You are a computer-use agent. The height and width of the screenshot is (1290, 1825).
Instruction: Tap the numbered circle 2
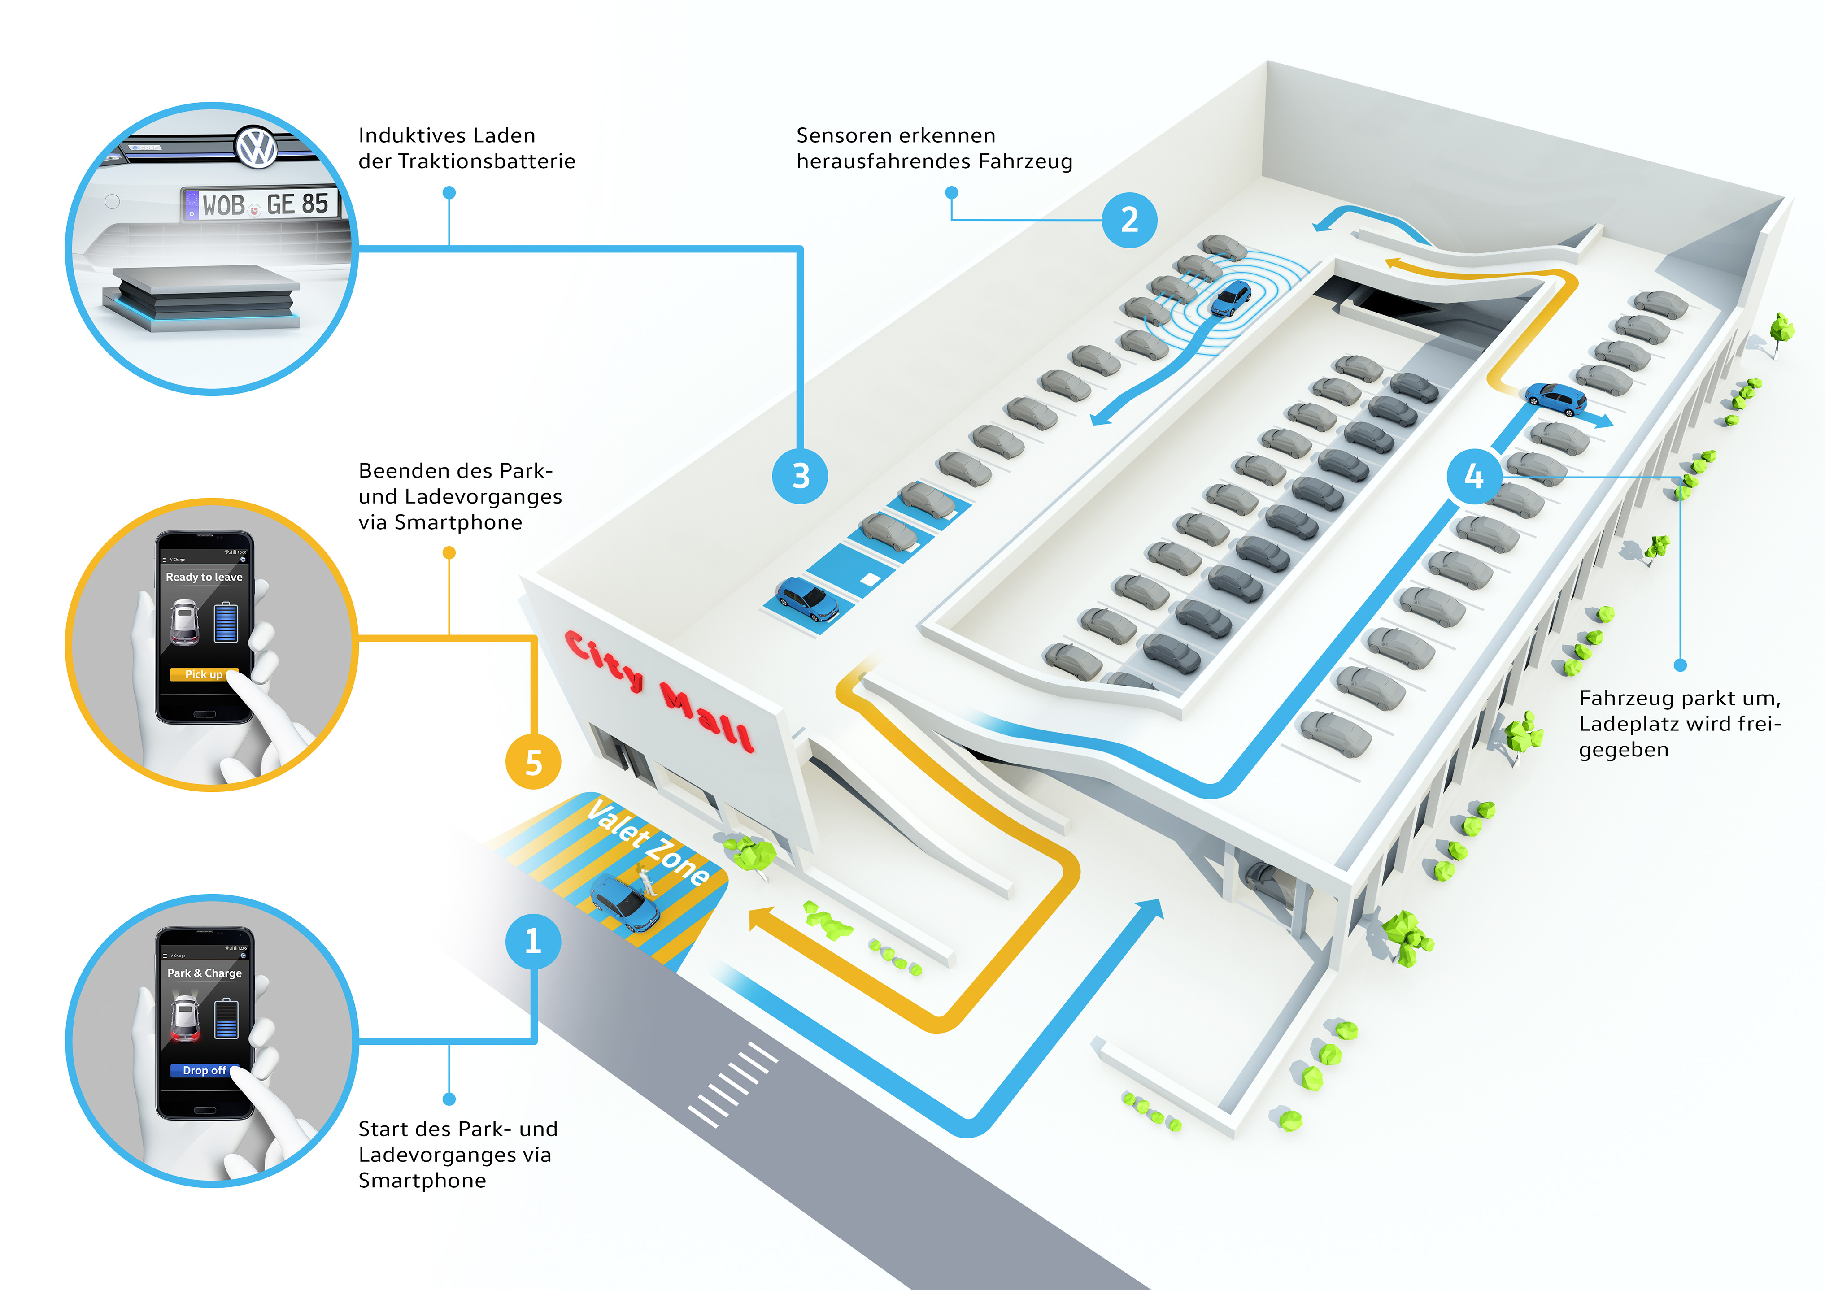(x=1129, y=220)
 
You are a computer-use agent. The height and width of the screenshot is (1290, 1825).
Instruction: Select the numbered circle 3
(x=801, y=476)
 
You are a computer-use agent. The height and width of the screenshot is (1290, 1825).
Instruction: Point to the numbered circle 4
(x=1474, y=476)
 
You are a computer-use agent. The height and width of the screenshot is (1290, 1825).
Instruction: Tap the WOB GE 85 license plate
(x=260, y=204)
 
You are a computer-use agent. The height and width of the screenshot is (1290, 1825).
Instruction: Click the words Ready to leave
(x=204, y=577)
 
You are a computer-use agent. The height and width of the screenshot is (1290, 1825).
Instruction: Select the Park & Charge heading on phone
(x=204, y=973)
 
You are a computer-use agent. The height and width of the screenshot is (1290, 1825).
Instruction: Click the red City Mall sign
(x=658, y=690)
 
